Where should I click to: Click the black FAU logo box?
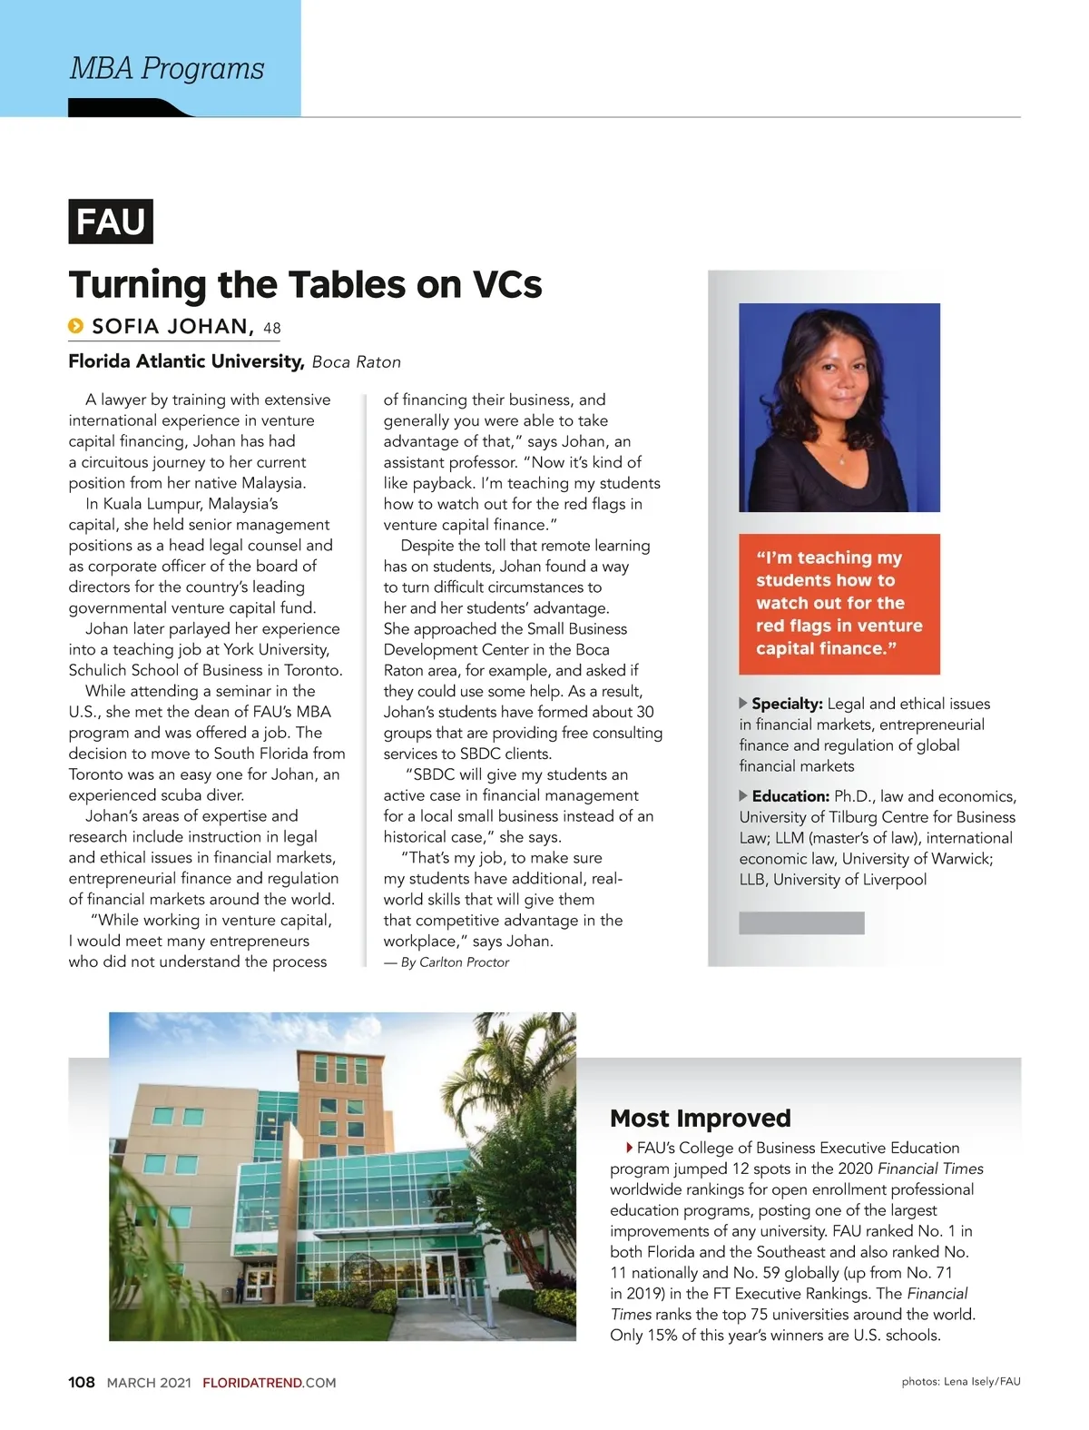[x=111, y=222]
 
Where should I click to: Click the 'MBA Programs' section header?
[x=167, y=68]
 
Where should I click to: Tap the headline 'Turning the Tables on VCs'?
[x=305, y=284]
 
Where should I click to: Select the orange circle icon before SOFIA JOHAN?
[x=76, y=326]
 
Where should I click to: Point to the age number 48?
[x=272, y=328]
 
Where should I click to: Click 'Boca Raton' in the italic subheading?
[x=356, y=361]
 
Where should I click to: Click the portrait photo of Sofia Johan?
[x=839, y=407]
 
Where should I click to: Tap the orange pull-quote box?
[x=839, y=604]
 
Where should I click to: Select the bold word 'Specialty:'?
[x=787, y=704]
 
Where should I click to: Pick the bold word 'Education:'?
[x=790, y=796]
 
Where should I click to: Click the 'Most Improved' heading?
[x=700, y=1118]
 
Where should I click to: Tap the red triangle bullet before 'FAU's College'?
[x=629, y=1148]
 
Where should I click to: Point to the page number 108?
[x=82, y=1382]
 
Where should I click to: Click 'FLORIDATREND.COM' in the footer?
[x=269, y=1383]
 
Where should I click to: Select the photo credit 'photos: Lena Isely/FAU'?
[x=960, y=1382]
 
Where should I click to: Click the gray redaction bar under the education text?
[x=801, y=923]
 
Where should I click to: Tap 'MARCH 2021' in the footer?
[x=149, y=1383]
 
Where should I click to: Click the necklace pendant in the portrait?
[x=840, y=460]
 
